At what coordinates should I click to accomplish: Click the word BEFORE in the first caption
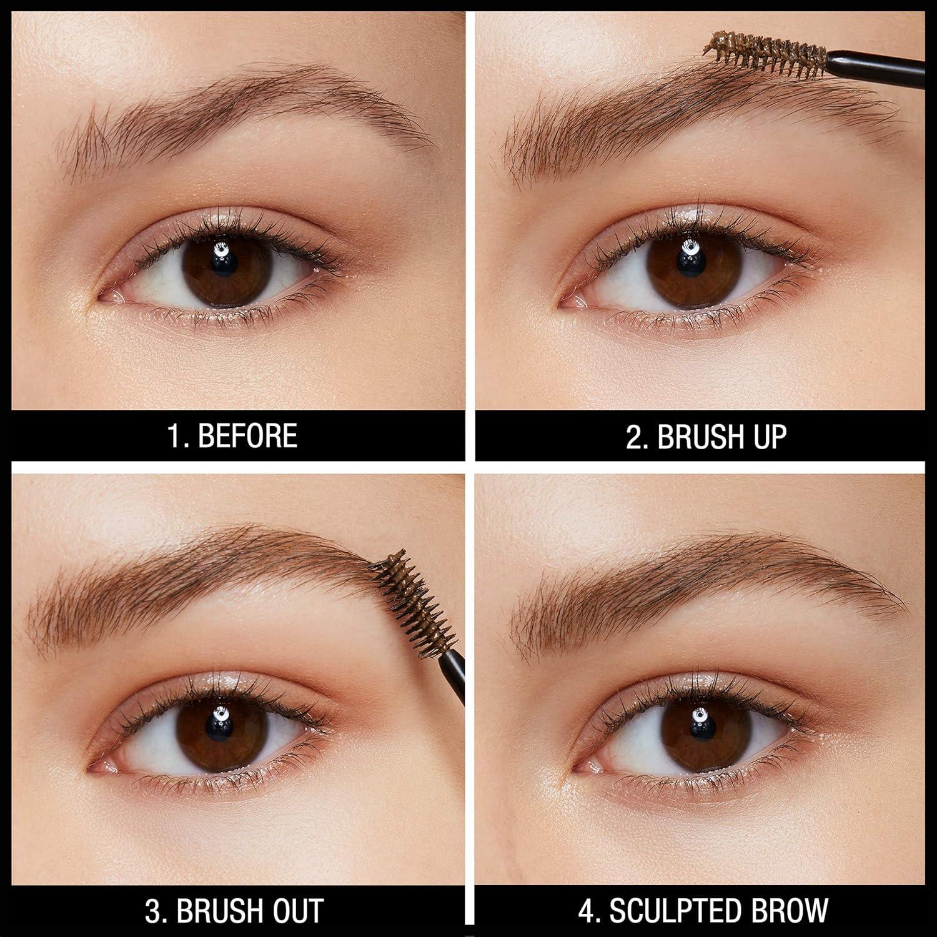click(247, 435)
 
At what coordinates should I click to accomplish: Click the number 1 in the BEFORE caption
click(174, 435)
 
